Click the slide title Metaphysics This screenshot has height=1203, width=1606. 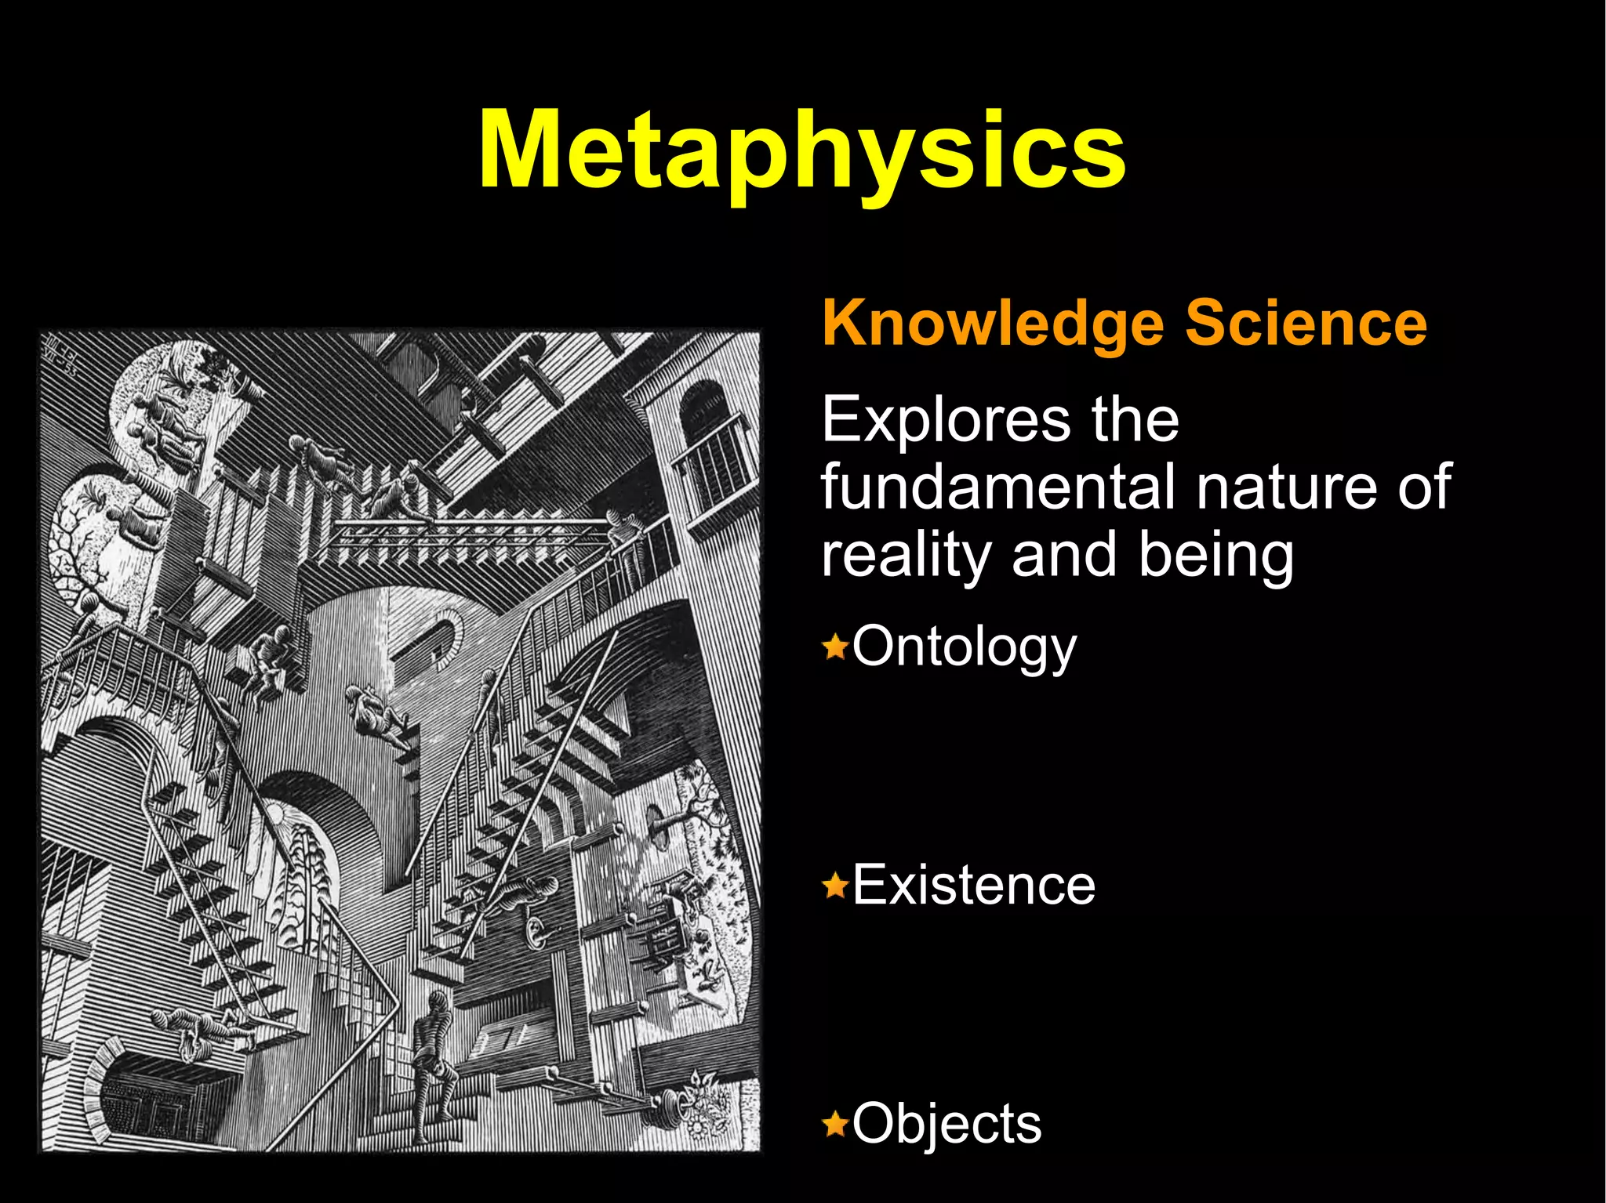click(801, 150)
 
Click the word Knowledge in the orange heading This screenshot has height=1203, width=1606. click(990, 323)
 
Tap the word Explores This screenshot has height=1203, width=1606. click(943, 421)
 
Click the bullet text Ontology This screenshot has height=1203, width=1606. click(964, 647)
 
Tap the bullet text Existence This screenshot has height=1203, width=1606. click(973, 886)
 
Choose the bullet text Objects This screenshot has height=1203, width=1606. click(947, 1124)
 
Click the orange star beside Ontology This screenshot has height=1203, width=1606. click(835, 648)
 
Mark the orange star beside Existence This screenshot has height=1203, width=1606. click(835, 886)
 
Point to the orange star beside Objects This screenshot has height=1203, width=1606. click(835, 1125)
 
